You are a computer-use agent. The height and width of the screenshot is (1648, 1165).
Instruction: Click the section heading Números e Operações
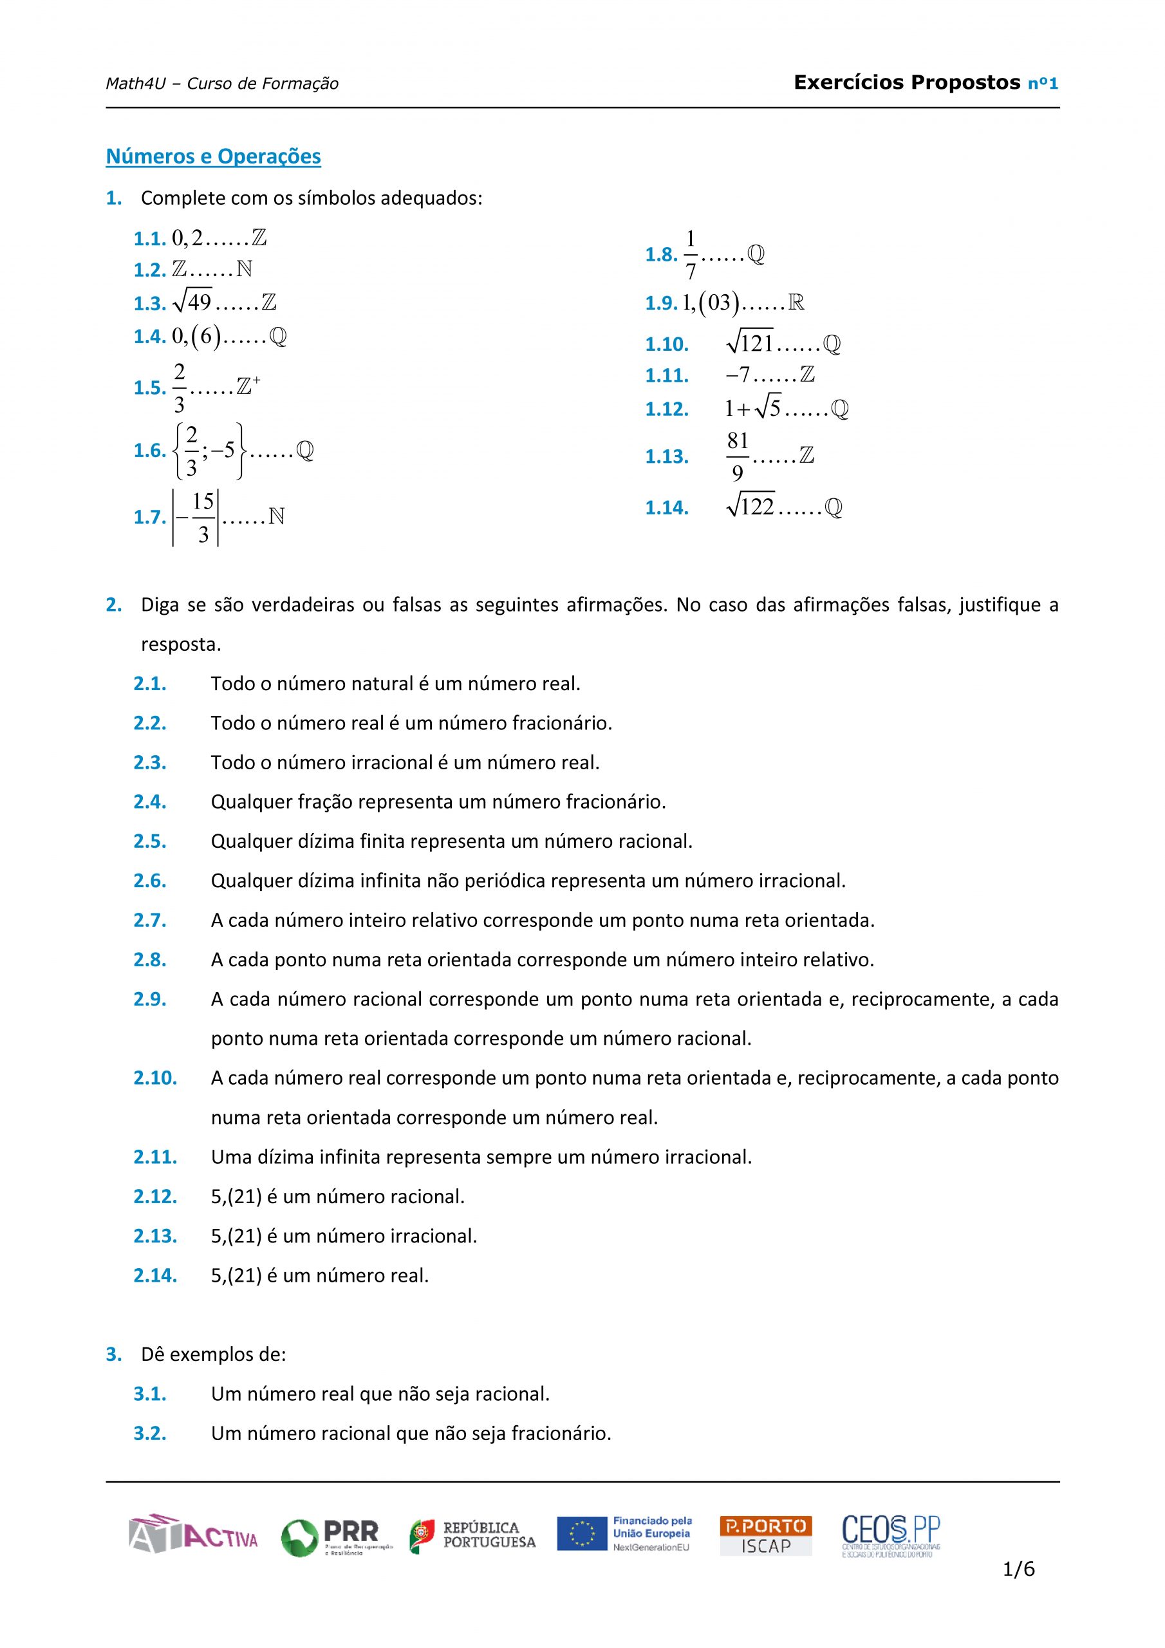pos(213,156)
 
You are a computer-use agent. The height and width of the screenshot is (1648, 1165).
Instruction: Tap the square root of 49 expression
pos(192,302)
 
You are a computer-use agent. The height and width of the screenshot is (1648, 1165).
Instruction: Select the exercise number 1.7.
pos(149,517)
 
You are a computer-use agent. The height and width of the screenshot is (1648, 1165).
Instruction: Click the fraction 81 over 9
pos(737,456)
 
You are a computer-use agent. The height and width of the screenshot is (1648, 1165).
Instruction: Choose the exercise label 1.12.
pos(666,409)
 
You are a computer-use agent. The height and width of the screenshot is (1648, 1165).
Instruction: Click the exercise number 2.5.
pos(149,841)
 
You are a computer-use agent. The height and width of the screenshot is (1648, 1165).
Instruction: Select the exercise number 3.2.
pos(149,1434)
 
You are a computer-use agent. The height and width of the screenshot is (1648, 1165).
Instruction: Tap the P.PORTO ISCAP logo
pos(765,1536)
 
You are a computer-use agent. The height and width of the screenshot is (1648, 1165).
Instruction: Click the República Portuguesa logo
pos(474,1536)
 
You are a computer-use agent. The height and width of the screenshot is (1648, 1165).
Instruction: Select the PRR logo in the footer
pos(336,1537)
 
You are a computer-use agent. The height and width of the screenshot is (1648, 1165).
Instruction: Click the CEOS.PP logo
pos(891,1535)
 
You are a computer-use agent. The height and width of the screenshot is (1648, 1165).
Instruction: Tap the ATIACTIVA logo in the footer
pos(193,1535)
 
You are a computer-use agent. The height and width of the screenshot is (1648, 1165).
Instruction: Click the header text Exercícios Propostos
pos(907,82)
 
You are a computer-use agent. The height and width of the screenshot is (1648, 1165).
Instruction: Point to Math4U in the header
pos(135,84)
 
